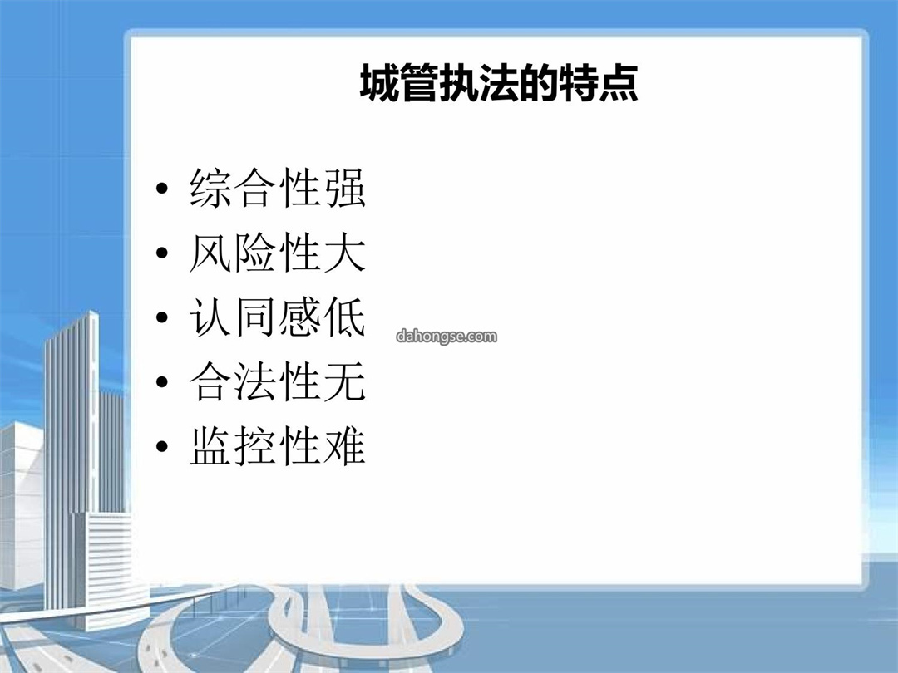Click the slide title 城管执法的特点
coord(499,83)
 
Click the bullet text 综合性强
coord(277,188)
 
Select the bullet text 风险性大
coord(277,253)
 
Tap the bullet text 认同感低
coord(277,317)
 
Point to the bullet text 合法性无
coord(277,381)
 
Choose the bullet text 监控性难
coord(277,446)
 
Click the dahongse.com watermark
coord(447,336)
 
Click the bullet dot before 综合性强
coord(162,188)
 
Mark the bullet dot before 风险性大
coord(162,253)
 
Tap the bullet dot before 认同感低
coord(162,317)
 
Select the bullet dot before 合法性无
coord(162,381)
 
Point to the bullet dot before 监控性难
coord(162,446)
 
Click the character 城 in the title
coord(379,83)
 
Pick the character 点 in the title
coord(619,83)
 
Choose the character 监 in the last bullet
coord(210,446)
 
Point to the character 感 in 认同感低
coord(299,317)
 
